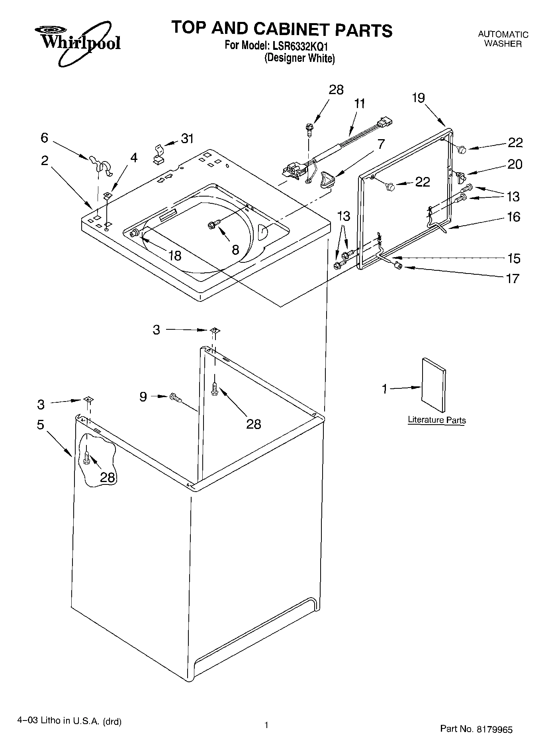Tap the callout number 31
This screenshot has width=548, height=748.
click(187, 139)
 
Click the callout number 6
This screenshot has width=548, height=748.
click(44, 138)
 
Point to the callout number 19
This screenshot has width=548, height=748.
click(419, 98)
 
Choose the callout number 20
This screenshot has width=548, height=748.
click(515, 164)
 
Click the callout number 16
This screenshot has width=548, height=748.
click(514, 217)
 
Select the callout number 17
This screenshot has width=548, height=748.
click(513, 278)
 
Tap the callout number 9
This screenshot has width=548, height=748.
click(143, 396)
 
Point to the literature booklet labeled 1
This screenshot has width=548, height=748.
click(433, 385)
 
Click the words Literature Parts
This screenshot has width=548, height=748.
click(436, 420)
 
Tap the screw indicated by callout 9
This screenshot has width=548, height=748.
click(175, 397)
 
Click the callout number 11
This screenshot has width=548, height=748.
click(359, 104)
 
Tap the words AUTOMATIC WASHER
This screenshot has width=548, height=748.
click(503, 39)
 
